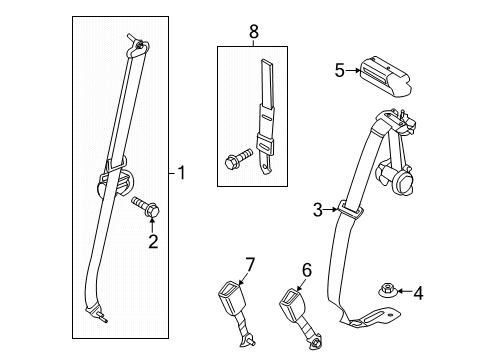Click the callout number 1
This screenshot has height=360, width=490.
[x=180, y=173]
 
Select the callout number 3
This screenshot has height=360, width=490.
[x=317, y=209]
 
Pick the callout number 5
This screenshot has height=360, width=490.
[x=340, y=70]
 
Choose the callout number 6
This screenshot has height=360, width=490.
[x=307, y=268]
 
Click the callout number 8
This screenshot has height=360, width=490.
[x=253, y=33]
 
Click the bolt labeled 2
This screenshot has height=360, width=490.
[x=146, y=208]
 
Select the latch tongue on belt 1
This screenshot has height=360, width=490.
[x=116, y=182]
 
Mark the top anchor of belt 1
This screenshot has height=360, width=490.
[x=136, y=43]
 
